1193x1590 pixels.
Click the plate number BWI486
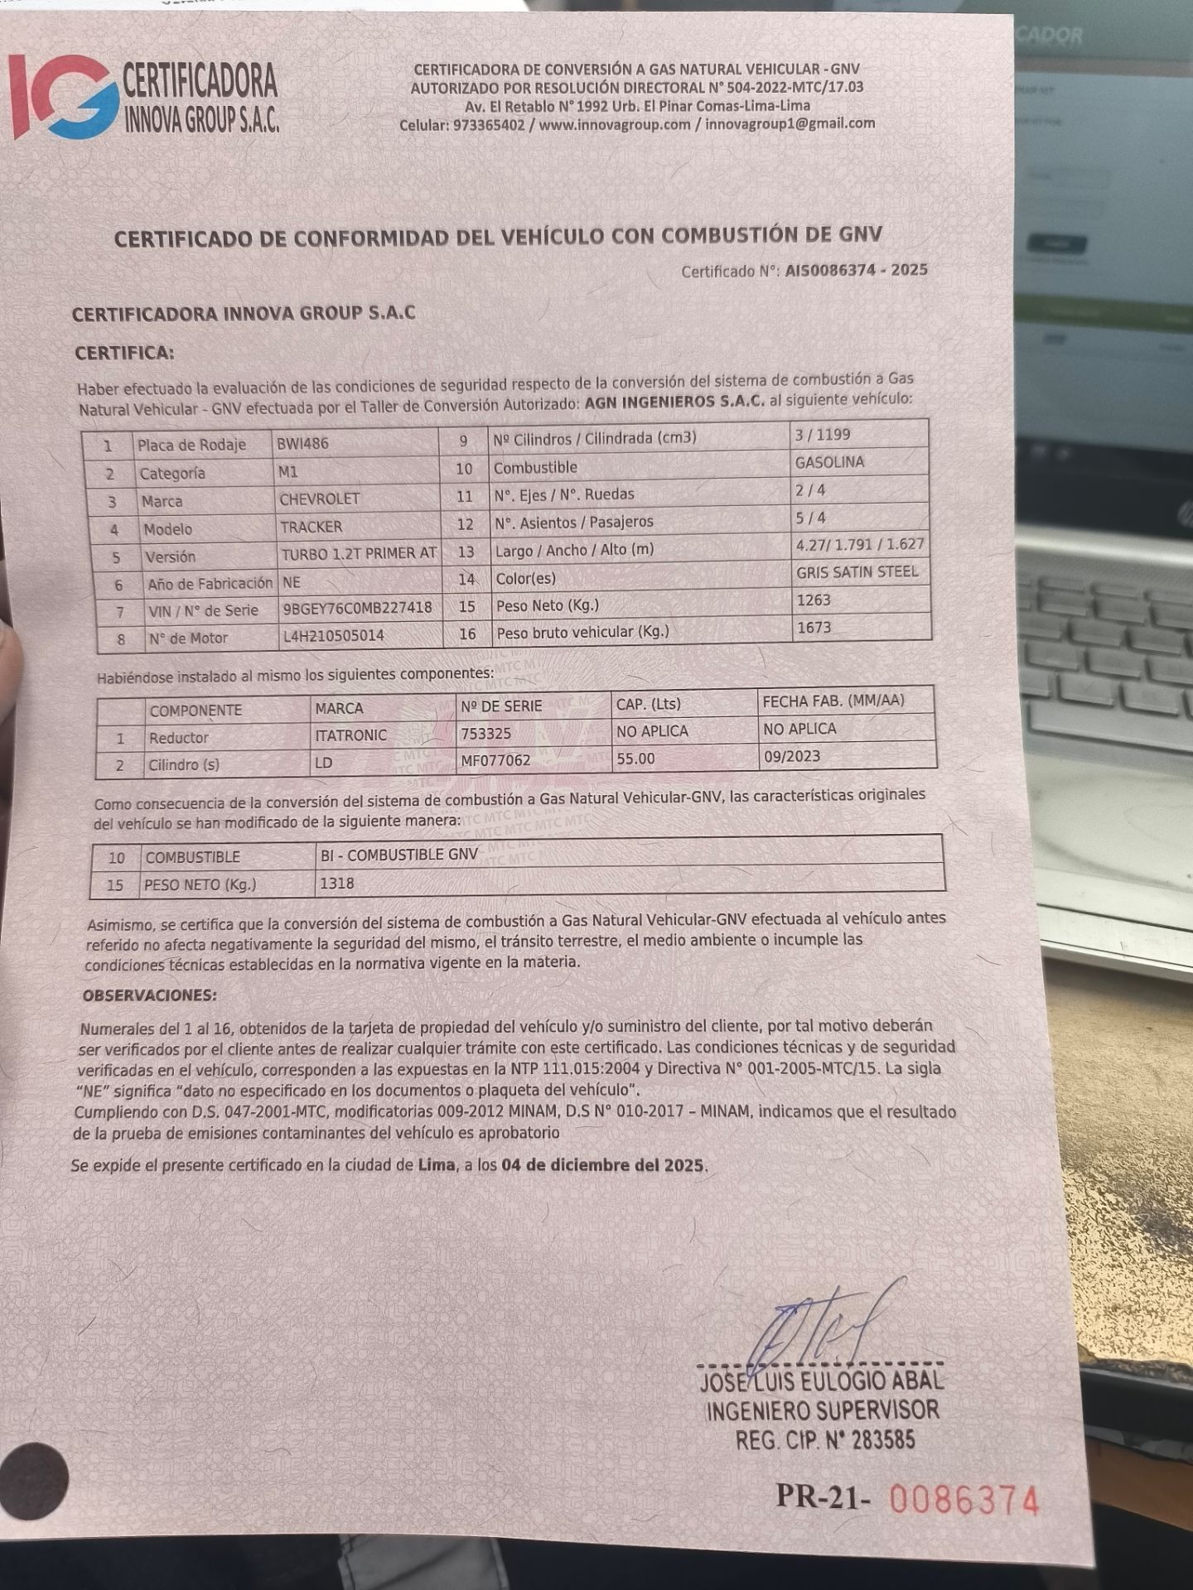[x=302, y=443]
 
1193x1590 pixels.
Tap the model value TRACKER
[x=311, y=527]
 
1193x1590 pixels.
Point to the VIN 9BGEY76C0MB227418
[x=357, y=609]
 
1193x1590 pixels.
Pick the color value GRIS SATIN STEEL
[x=857, y=572]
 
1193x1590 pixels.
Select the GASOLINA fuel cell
[x=829, y=462]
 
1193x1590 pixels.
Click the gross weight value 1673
[x=814, y=628]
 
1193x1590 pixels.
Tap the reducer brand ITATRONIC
[x=350, y=735]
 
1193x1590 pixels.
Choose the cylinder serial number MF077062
[x=495, y=760]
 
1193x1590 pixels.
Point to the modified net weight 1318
[x=337, y=884]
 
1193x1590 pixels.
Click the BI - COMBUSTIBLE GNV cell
[x=399, y=855]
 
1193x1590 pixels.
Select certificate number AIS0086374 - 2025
[x=856, y=270]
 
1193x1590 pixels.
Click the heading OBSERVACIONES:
[x=149, y=995]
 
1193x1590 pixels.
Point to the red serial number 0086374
[x=964, y=1500]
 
